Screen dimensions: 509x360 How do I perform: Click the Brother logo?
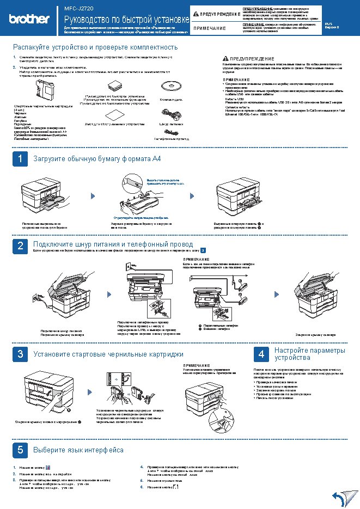[29, 19]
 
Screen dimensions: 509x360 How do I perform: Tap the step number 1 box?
[20, 159]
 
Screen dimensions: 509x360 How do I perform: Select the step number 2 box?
[20, 246]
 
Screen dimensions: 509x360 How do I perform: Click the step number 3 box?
[20, 354]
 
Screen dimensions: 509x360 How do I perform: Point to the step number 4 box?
[261, 354]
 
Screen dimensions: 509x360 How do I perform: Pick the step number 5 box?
[20, 450]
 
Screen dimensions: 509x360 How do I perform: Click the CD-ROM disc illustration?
[170, 87]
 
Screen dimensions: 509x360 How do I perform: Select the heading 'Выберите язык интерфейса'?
[78, 450]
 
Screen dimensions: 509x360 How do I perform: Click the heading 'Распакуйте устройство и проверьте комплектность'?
[95, 47]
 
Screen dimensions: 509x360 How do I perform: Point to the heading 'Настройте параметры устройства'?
[309, 354]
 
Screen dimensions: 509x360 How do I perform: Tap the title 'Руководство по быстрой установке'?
[126, 20]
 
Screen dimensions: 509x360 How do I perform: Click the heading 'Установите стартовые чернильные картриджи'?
[108, 354]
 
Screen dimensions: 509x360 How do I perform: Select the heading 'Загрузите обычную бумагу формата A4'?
[97, 159]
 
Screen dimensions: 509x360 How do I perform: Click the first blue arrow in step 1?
[92, 195]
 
